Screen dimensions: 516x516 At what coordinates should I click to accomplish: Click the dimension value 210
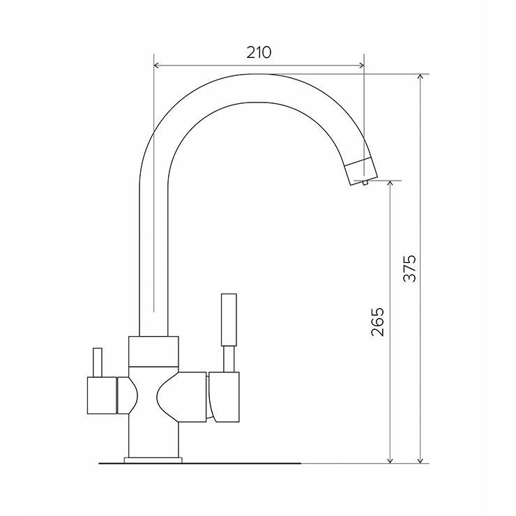[x=259, y=52]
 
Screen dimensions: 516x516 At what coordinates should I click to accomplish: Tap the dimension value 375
[x=410, y=268]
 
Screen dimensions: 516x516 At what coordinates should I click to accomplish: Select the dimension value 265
[x=377, y=322]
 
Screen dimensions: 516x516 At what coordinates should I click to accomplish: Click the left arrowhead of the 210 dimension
[x=156, y=65]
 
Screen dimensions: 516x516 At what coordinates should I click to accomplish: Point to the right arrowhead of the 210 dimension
[x=362, y=65]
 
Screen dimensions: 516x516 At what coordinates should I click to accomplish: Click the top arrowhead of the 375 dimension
[x=420, y=77]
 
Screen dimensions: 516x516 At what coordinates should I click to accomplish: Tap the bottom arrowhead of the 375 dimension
[x=420, y=460]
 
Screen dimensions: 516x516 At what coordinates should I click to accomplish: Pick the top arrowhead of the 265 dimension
[x=390, y=183]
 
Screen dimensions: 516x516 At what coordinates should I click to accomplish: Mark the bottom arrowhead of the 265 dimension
[x=390, y=460]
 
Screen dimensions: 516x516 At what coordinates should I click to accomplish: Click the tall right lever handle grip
[x=229, y=319]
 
